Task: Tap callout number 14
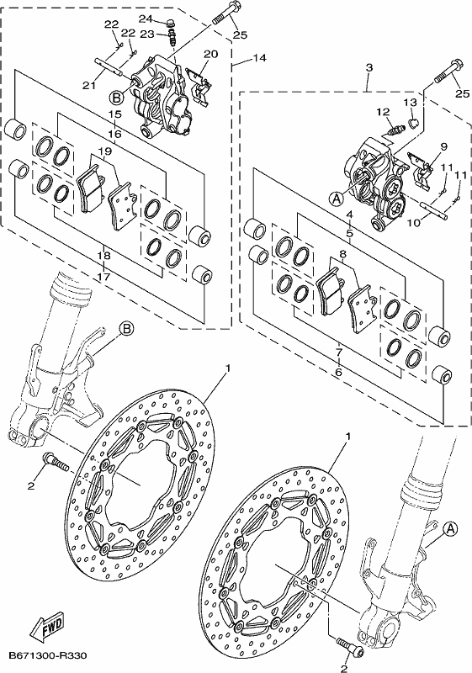(261, 58)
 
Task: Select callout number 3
(369, 67)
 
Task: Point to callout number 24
(146, 19)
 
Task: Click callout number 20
(210, 54)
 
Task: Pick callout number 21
(89, 86)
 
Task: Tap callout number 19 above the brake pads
(104, 151)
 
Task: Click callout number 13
(411, 102)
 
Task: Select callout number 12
(383, 112)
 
